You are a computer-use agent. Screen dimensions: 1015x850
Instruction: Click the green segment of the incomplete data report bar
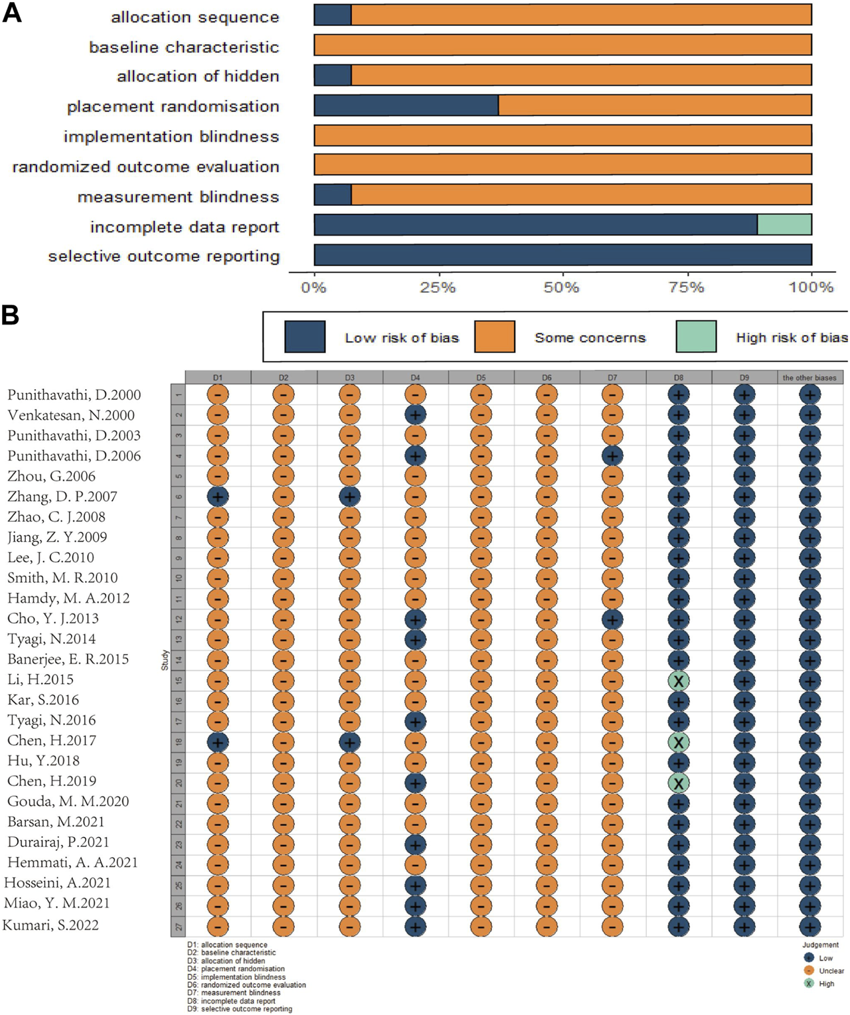784,225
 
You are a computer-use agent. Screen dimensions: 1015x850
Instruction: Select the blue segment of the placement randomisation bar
406,106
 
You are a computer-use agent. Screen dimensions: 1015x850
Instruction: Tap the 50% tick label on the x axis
562,287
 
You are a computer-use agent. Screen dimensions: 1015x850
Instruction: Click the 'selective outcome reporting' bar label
164,256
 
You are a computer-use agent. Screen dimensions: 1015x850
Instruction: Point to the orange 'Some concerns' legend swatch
495,337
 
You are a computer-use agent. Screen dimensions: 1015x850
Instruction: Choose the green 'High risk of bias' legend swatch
696,337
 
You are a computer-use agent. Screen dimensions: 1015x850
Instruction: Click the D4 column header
415,378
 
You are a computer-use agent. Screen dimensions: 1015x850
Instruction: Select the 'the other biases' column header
809,378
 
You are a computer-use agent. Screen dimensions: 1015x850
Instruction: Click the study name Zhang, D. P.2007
62,497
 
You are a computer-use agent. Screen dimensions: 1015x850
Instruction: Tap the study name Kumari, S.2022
51,925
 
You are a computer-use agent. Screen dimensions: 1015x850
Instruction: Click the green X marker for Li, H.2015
678,681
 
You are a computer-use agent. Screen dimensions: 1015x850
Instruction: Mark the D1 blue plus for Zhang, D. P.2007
218,497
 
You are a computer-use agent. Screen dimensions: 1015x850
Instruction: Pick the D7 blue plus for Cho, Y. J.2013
612,619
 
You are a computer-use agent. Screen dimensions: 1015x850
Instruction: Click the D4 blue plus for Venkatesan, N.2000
415,416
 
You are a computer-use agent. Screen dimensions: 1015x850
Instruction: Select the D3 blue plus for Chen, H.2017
349,742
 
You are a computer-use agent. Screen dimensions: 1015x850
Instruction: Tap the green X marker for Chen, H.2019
678,783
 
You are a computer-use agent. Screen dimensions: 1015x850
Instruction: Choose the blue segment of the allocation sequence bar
332,15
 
